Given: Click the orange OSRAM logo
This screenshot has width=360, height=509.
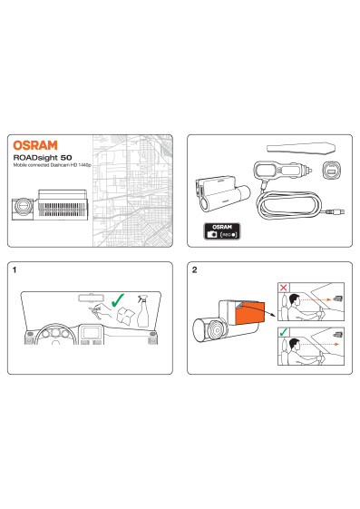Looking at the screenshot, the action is click(35, 145).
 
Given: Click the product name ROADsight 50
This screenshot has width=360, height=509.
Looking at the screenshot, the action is click(43, 158).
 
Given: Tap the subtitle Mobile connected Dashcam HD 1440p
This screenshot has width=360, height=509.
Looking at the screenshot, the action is click(52, 165).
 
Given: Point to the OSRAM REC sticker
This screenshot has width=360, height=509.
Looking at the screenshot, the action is click(222, 231).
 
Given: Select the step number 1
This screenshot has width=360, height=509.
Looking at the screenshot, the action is click(15, 269).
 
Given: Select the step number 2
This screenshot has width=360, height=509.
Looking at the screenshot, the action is click(194, 269).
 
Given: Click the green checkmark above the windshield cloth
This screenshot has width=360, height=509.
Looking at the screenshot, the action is click(117, 300).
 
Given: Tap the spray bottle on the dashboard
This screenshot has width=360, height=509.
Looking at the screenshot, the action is click(142, 310).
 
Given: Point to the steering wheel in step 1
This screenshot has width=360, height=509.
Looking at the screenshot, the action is click(56, 335).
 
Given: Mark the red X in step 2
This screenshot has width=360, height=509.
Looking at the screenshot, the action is click(284, 288).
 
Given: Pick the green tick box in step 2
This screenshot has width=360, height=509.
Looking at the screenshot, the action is click(284, 332).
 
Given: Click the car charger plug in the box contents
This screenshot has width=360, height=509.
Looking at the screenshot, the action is click(283, 170).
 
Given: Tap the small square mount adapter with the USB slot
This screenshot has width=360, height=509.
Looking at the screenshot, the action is click(332, 170).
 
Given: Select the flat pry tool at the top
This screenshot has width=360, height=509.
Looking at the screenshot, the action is click(301, 148).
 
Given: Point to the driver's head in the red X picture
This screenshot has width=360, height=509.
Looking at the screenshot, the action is click(294, 299).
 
